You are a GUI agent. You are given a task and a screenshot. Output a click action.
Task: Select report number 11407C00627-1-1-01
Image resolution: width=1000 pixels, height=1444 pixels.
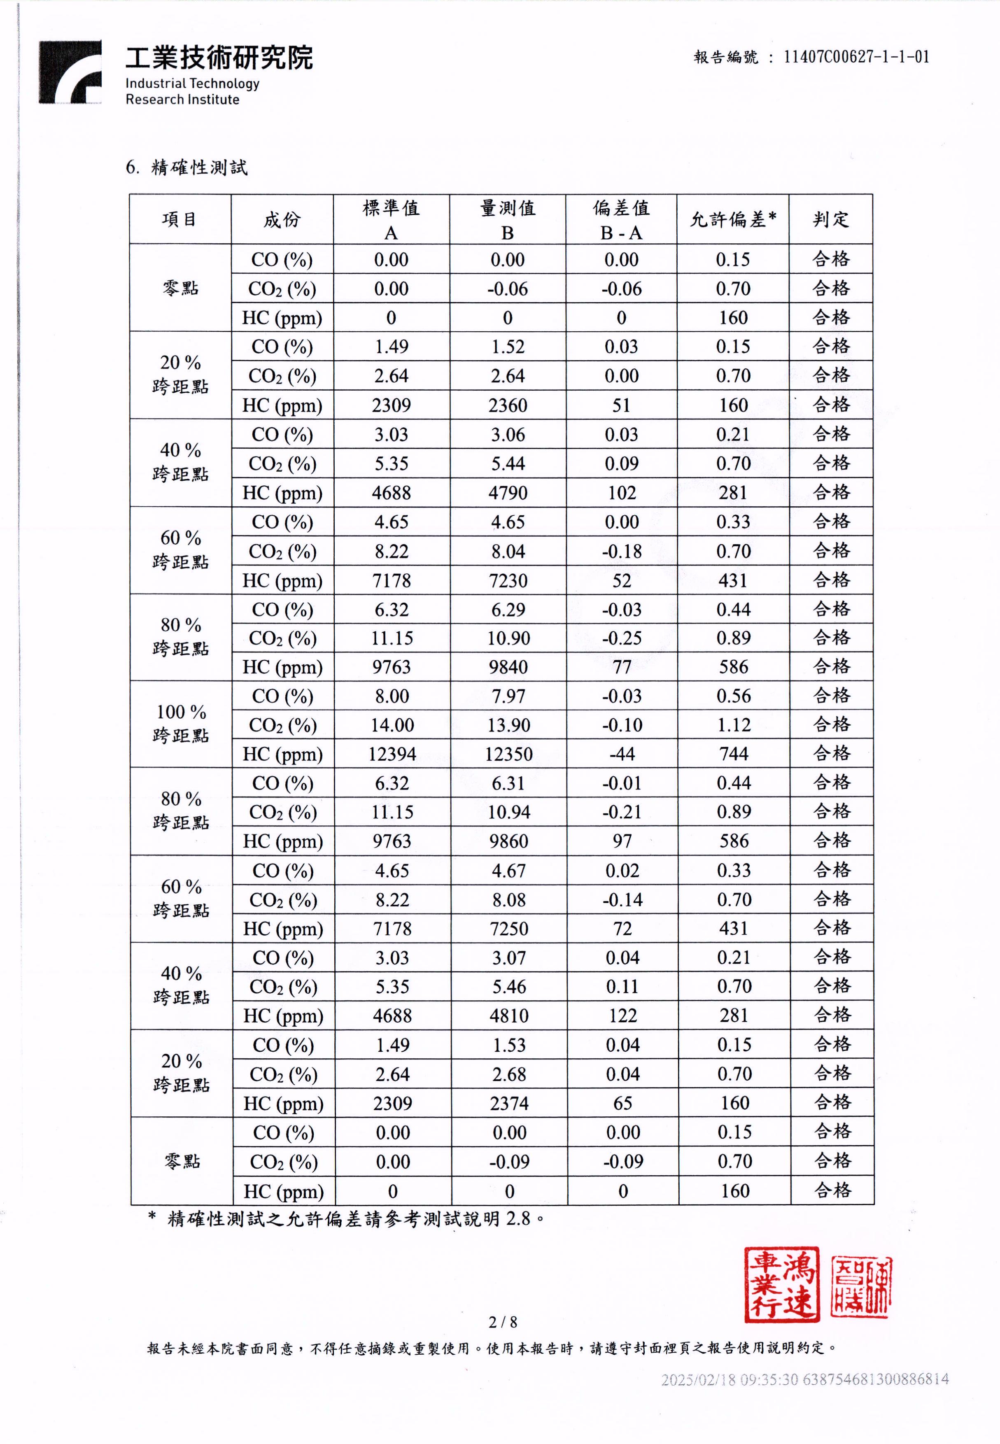856,57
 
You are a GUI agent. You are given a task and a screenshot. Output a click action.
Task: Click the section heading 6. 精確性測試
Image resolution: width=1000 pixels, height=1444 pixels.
187,167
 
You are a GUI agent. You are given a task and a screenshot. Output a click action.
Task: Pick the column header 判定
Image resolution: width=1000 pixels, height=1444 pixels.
830,219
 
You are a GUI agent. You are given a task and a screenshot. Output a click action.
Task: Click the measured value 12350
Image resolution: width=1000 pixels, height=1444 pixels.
508,754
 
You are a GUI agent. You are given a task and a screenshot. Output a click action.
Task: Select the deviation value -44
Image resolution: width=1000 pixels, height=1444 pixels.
622,754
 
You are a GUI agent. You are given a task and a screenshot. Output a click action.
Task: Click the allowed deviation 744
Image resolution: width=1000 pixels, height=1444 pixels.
733,754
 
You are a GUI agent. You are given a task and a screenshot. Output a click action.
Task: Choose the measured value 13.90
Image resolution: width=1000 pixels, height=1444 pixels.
508,725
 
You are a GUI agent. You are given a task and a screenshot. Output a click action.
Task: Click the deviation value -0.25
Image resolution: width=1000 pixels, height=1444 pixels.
622,638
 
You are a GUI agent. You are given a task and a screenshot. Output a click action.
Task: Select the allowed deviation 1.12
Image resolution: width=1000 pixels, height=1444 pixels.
733,725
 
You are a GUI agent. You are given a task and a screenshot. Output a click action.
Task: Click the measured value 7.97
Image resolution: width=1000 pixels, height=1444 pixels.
508,696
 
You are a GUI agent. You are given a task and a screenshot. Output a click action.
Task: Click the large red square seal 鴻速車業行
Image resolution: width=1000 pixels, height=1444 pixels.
781,1285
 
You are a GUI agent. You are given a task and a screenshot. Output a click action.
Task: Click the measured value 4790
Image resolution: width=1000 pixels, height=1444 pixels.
508,493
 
